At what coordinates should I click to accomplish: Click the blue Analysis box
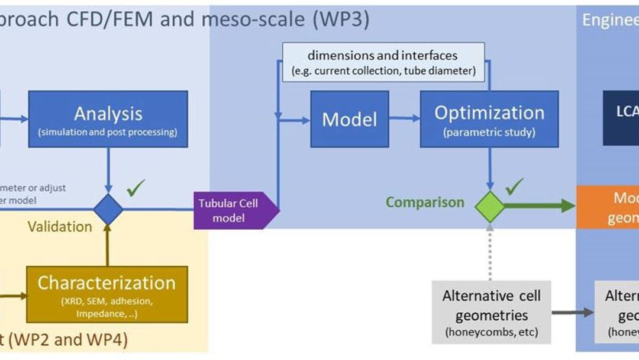[108, 118]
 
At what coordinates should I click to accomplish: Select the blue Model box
[349, 119]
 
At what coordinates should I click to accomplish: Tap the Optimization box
[489, 118]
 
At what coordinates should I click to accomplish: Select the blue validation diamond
[108, 210]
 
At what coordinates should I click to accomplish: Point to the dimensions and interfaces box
[382, 62]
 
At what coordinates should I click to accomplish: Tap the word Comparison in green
[425, 202]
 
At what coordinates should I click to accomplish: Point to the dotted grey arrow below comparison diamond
[490, 252]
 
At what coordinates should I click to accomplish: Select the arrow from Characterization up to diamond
[108, 246]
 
